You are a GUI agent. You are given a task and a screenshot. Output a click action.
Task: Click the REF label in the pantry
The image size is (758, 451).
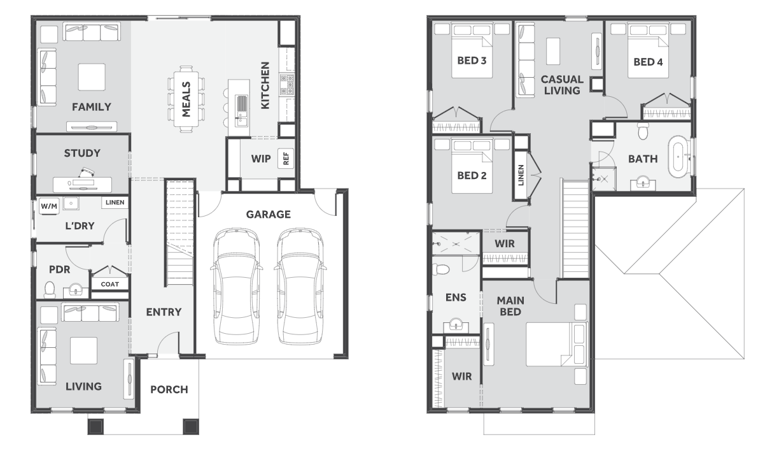(x=286, y=158)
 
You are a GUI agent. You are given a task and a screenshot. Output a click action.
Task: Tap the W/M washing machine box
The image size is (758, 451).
(x=49, y=206)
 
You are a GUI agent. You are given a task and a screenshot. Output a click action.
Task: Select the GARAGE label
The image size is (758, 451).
(x=269, y=215)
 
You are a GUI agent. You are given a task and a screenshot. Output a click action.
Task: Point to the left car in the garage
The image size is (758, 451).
(x=236, y=287)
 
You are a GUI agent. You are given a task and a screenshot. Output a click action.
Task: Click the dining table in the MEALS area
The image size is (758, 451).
(x=186, y=99)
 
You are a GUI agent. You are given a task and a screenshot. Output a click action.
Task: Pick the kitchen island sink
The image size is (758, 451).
(x=241, y=106)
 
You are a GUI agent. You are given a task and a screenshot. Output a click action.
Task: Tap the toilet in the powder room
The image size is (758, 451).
(x=50, y=289)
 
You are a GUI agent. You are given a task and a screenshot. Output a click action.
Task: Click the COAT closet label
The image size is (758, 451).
(x=109, y=284)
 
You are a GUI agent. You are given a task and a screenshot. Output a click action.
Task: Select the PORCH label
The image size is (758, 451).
(x=169, y=390)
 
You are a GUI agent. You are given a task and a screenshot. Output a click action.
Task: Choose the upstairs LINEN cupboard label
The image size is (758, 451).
(x=521, y=175)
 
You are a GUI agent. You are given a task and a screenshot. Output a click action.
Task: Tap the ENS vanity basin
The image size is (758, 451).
(x=456, y=325)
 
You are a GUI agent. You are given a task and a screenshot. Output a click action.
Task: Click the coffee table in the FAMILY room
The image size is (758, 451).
(x=92, y=77)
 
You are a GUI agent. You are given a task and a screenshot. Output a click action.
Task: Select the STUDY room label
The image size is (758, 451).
(x=82, y=154)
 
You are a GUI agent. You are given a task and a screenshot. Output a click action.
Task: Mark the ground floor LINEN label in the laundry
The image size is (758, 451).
(x=115, y=203)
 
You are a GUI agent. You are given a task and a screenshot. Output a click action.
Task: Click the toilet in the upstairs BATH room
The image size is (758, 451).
(x=643, y=131)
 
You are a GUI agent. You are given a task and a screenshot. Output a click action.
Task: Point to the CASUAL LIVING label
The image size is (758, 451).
(x=562, y=85)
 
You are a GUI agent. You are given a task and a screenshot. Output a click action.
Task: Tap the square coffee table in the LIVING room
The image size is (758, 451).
(x=83, y=351)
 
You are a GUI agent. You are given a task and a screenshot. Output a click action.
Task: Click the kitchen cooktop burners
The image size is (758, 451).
(x=288, y=85)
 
